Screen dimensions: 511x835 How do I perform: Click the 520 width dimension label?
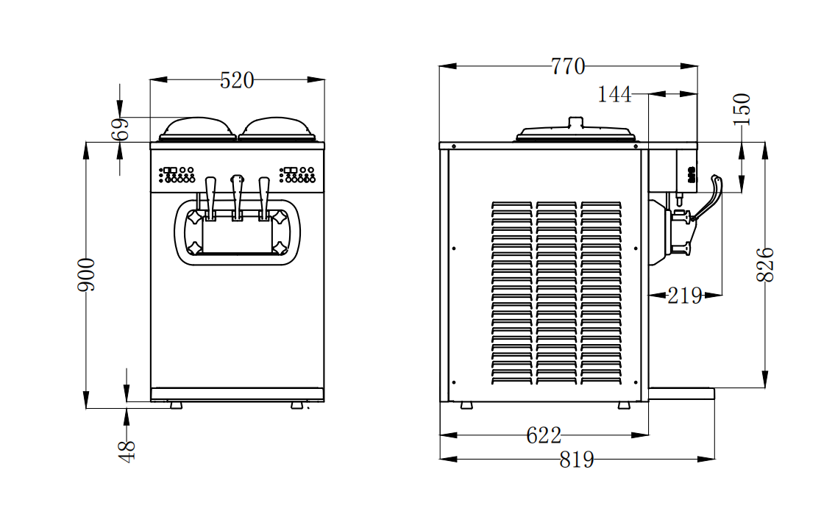(x=237, y=80)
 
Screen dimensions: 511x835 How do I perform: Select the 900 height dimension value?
(x=87, y=274)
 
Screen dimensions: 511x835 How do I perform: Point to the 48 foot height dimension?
(x=127, y=450)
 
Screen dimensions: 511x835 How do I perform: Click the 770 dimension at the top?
(x=568, y=67)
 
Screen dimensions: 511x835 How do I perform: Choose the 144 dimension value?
(x=614, y=95)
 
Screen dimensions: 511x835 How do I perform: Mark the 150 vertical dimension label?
(x=742, y=109)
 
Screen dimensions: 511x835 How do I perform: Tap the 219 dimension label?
(x=684, y=296)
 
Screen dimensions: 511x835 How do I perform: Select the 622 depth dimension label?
(x=544, y=435)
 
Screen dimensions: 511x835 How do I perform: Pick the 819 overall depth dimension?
(x=576, y=460)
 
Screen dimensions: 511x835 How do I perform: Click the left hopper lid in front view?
(x=197, y=129)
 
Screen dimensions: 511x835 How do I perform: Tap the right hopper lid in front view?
(x=277, y=129)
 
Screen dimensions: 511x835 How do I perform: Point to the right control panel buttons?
(x=297, y=174)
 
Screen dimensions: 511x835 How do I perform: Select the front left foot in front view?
(x=176, y=405)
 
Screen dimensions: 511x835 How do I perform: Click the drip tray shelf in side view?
(x=681, y=394)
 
